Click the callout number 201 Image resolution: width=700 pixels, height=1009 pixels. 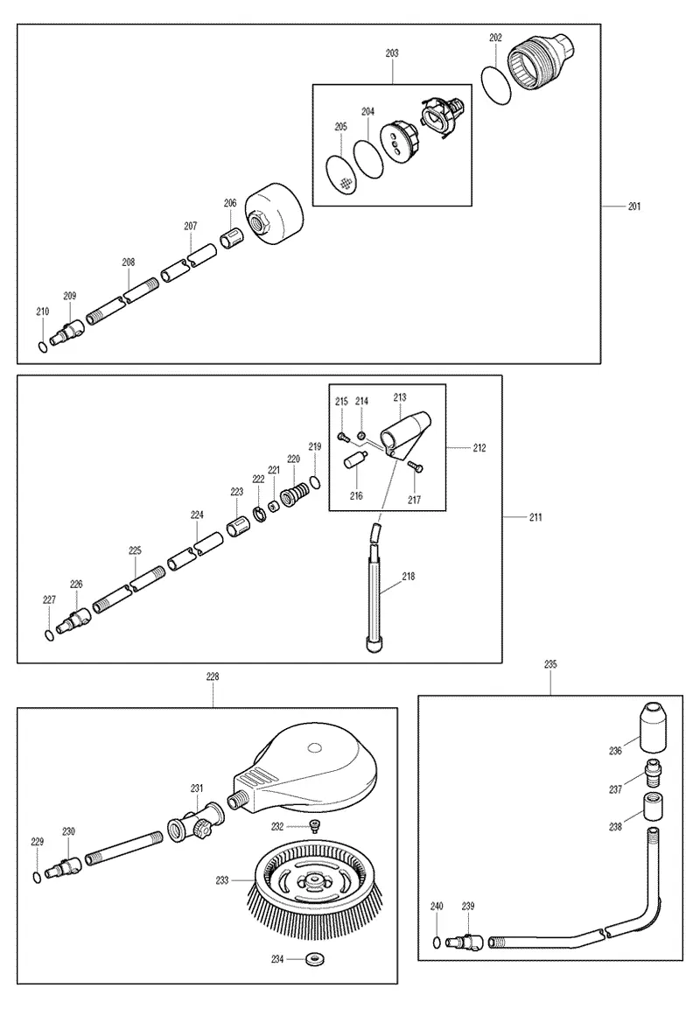tap(634, 207)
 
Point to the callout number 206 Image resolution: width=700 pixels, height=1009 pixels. tap(230, 203)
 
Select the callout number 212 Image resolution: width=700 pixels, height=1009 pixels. tap(479, 448)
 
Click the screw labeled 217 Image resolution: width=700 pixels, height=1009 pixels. tap(414, 467)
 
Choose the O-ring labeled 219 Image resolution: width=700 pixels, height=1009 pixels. tap(315, 481)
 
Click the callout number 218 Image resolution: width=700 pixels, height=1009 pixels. tap(409, 577)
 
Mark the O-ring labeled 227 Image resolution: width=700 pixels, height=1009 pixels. tap(50, 635)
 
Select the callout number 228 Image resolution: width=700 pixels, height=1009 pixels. tap(213, 676)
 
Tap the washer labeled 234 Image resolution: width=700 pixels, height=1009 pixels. tap(315, 959)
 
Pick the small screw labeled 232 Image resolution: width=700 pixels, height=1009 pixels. tap(315, 827)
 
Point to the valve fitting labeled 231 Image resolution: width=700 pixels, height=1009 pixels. tap(196, 823)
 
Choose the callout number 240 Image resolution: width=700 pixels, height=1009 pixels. tap(437, 906)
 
